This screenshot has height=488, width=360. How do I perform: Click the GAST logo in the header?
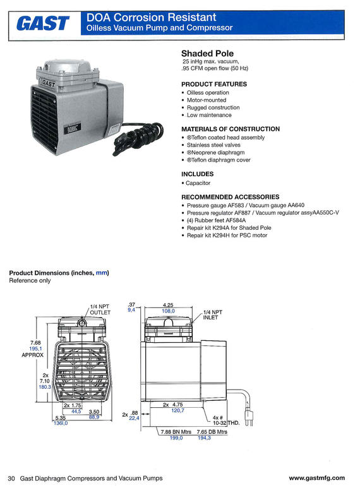coord(43,23)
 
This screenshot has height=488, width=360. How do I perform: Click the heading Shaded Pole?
coord(207,54)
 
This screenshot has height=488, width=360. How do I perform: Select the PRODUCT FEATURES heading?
coord(214,84)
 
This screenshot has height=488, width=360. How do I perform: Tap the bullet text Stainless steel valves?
coord(213,145)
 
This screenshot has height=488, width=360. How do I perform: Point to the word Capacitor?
coord(198,183)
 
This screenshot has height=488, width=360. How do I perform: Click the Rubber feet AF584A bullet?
coord(216,220)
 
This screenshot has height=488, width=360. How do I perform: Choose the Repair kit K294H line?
coord(227,235)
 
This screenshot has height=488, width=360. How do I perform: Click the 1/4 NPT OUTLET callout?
coord(100,309)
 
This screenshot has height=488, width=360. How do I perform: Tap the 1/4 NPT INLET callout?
coord(213,314)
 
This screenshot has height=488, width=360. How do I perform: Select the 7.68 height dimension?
coord(35,343)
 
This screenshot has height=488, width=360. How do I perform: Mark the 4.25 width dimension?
coord(168,305)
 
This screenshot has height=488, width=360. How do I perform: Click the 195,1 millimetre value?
coord(35,348)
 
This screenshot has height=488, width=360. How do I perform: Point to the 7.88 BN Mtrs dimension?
coord(176,432)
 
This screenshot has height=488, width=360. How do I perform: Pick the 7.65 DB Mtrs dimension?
coord(212,432)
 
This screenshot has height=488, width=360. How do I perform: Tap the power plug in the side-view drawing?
coord(248,417)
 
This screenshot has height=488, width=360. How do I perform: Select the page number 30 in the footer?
coord(11,478)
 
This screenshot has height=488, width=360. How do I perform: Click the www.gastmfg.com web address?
coord(316,478)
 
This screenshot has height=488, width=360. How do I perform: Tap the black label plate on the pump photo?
coord(72,129)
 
